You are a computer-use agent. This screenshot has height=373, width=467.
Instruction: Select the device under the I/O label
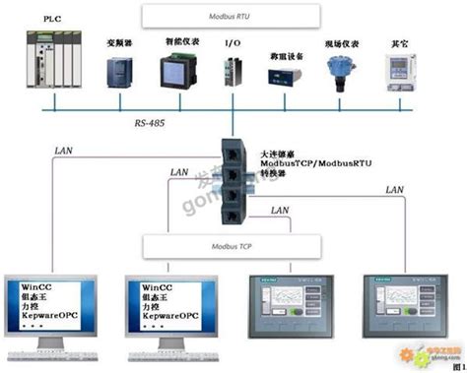click(233, 72)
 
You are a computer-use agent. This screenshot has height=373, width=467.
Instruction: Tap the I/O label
click(233, 44)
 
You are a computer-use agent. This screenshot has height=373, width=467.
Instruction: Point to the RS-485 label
click(154, 126)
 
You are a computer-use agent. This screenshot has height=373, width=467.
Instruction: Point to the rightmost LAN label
click(395, 189)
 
